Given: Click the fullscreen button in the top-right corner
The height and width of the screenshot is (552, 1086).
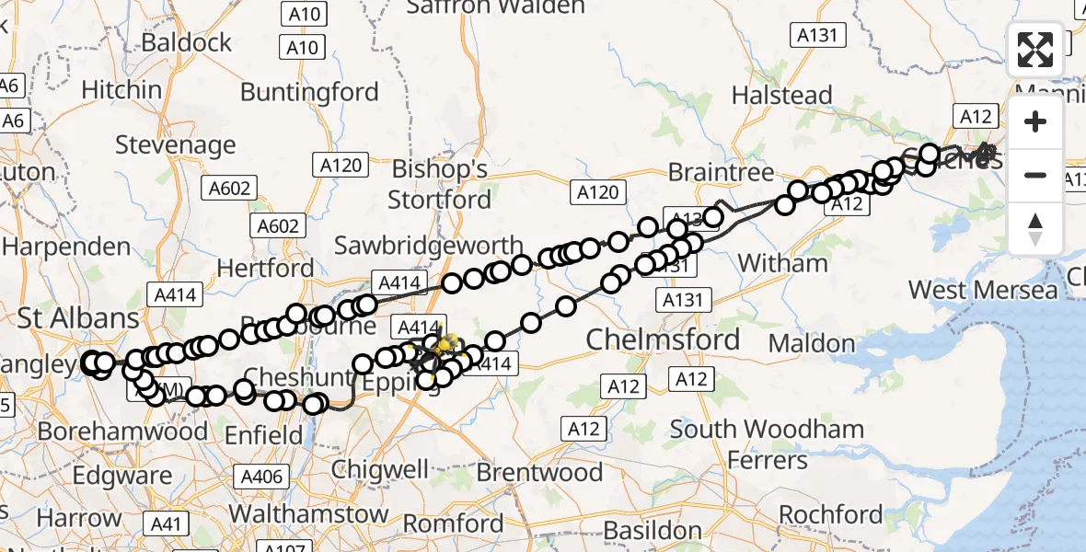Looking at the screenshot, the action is (x=1035, y=50).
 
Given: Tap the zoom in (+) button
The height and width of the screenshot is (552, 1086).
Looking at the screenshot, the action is (x=1035, y=121).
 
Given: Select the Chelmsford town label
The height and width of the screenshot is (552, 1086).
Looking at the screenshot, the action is (x=664, y=339).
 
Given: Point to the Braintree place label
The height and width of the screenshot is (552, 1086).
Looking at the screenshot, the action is (x=721, y=172).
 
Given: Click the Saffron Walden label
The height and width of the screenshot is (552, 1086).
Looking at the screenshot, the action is (x=495, y=7).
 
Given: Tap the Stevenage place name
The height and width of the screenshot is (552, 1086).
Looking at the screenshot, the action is (x=176, y=145).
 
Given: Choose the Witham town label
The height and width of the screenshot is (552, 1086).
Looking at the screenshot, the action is (x=783, y=263).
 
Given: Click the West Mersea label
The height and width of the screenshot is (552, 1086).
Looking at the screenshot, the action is (x=983, y=291).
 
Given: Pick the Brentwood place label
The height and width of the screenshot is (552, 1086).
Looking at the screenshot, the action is (x=539, y=473).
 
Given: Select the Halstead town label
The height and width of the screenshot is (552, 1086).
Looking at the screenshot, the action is (x=781, y=95).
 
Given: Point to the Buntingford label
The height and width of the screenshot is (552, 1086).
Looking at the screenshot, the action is (x=309, y=92).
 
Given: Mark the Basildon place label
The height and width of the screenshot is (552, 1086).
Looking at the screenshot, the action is (x=653, y=531).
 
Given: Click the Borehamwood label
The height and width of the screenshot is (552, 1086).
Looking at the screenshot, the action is (x=122, y=431).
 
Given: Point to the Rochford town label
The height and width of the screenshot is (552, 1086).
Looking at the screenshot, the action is (x=831, y=513).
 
